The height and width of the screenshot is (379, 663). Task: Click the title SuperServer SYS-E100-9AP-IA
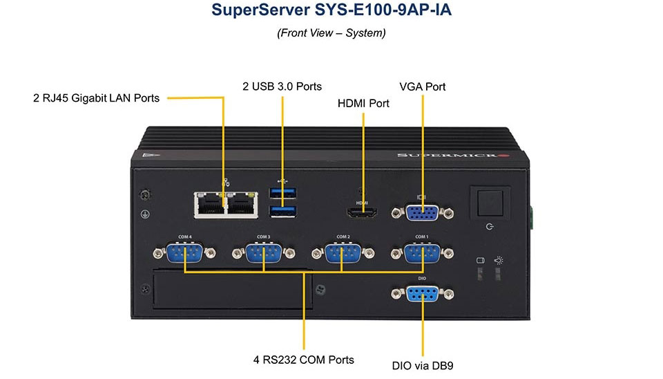[331, 11]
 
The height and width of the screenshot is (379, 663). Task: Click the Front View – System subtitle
[331, 33]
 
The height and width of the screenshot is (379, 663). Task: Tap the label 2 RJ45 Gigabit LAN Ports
[96, 98]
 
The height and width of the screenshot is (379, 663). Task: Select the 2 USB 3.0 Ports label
[282, 86]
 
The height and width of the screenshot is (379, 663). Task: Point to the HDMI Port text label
[363, 104]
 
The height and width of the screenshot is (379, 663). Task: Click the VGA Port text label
[422, 86]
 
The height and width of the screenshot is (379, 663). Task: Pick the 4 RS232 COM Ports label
[303, 360]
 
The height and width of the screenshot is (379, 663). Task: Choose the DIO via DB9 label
[422, 365]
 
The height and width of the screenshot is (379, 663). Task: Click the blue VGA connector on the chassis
[421, 213]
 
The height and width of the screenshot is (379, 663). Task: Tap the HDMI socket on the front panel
[362, 214]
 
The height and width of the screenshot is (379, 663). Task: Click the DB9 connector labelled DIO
[421, 294]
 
